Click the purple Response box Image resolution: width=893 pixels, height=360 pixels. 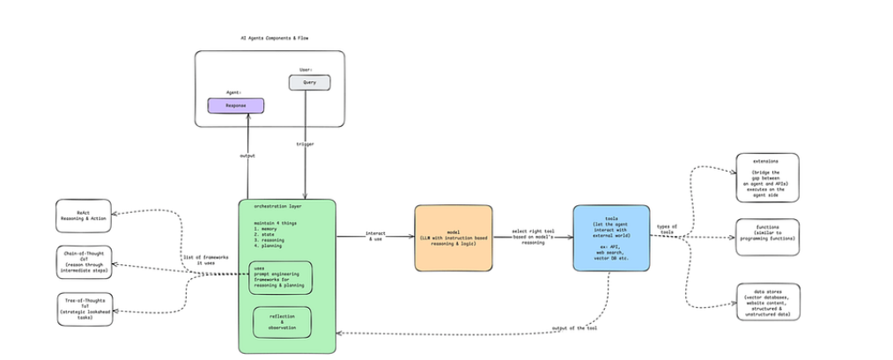tap(235, 106)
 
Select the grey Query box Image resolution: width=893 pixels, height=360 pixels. tap(309, 83)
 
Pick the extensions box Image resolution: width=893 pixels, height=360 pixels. tap(767, 177)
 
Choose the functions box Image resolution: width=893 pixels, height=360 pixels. tap(767, 237)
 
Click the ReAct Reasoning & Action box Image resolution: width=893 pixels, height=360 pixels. tap(85, 217)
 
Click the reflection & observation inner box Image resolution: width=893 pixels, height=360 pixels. tap(282, 323)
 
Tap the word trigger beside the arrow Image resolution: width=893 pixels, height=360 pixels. tap(306, 143)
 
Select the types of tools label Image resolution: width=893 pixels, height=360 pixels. tap(667, 230)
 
